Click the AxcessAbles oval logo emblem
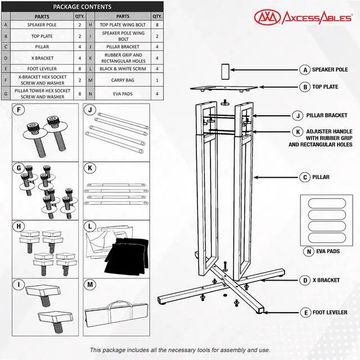tap(267, 17)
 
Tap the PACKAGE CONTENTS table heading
tap(82, 7)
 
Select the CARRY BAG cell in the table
tap(123, 80)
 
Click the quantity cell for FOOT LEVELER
tap(80, 69)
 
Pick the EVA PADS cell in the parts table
tap(123, 94)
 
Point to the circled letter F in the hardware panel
tap(19, 110)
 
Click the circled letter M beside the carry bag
tap(90, 285)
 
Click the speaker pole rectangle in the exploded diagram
tap(225, 71)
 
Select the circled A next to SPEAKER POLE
tap(305, 70)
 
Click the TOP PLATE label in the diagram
tap(325, 87)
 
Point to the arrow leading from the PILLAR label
tap(276, 177)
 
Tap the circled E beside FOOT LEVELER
tap(306, 313)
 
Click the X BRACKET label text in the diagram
tap(326, 280)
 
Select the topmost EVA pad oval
tap(327, 203)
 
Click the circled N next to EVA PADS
tap(309, 251)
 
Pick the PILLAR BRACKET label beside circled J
tap(327, 115)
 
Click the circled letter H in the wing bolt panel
tap(19, 226)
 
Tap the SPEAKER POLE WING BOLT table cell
tap(123, 36)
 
